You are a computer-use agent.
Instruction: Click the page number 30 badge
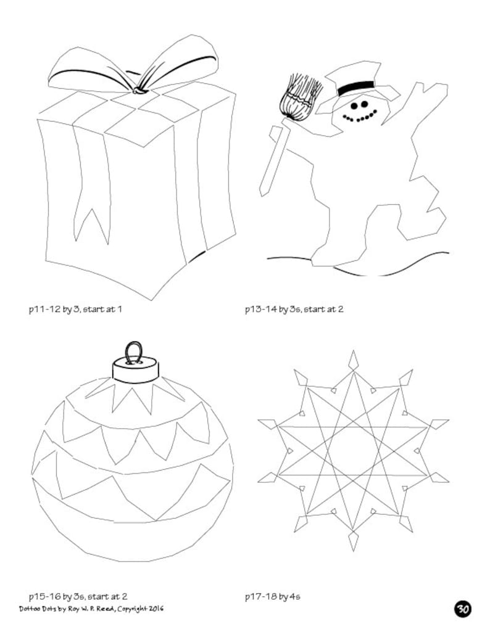coord(463,609)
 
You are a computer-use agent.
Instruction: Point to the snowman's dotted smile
coord(359,116)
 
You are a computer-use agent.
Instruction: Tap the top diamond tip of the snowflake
coord(354,360)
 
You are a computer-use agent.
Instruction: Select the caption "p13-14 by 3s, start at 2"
coord(294,308)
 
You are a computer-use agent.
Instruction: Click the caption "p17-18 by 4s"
coord(273,596)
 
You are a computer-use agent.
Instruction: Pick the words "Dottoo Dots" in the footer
coord(36,608)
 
